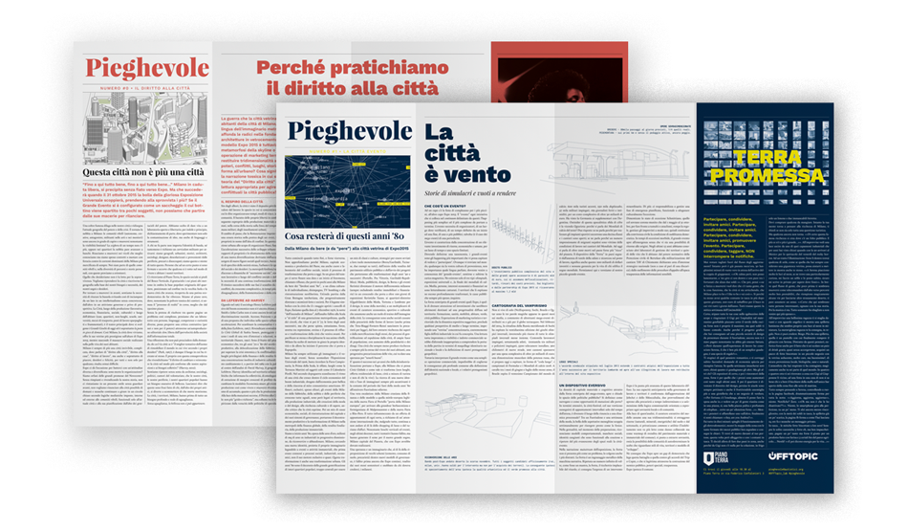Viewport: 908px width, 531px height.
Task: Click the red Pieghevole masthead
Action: click(x=146, y=69)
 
